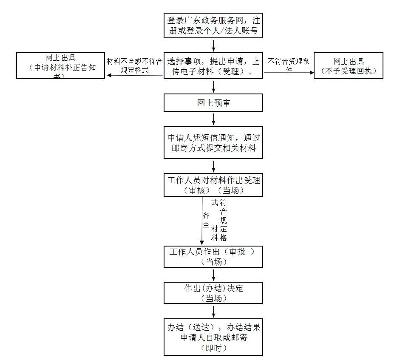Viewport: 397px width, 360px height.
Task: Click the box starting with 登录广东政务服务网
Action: (213, 26)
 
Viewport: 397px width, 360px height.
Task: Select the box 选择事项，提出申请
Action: (213, 66)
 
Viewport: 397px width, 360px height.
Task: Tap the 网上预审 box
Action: (213, 103)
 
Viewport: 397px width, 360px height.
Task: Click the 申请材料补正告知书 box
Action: (60, 65)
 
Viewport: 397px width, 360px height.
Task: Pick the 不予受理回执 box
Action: (349, 65)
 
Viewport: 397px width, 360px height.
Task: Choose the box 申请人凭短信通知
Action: (213, 143)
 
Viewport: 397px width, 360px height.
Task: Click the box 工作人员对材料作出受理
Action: (213, 185)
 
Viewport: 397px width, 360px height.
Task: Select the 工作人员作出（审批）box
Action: (213, 256)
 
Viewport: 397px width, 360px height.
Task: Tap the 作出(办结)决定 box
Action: (213, 293)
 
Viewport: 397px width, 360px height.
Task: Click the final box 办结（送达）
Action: (213, 337)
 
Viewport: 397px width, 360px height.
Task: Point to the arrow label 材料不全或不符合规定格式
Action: (134, 65)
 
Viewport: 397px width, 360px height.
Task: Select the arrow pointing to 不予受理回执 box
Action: (289, 73)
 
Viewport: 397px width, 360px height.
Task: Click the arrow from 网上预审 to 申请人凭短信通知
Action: (213, 119)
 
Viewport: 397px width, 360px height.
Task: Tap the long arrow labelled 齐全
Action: (202, 221)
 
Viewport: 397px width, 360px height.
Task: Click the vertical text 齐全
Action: (206, 219)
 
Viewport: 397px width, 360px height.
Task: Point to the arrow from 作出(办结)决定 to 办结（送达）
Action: (213, 311)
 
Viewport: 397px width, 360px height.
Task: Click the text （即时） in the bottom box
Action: (213, 348)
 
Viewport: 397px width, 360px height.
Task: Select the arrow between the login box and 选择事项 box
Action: (213, 44)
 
